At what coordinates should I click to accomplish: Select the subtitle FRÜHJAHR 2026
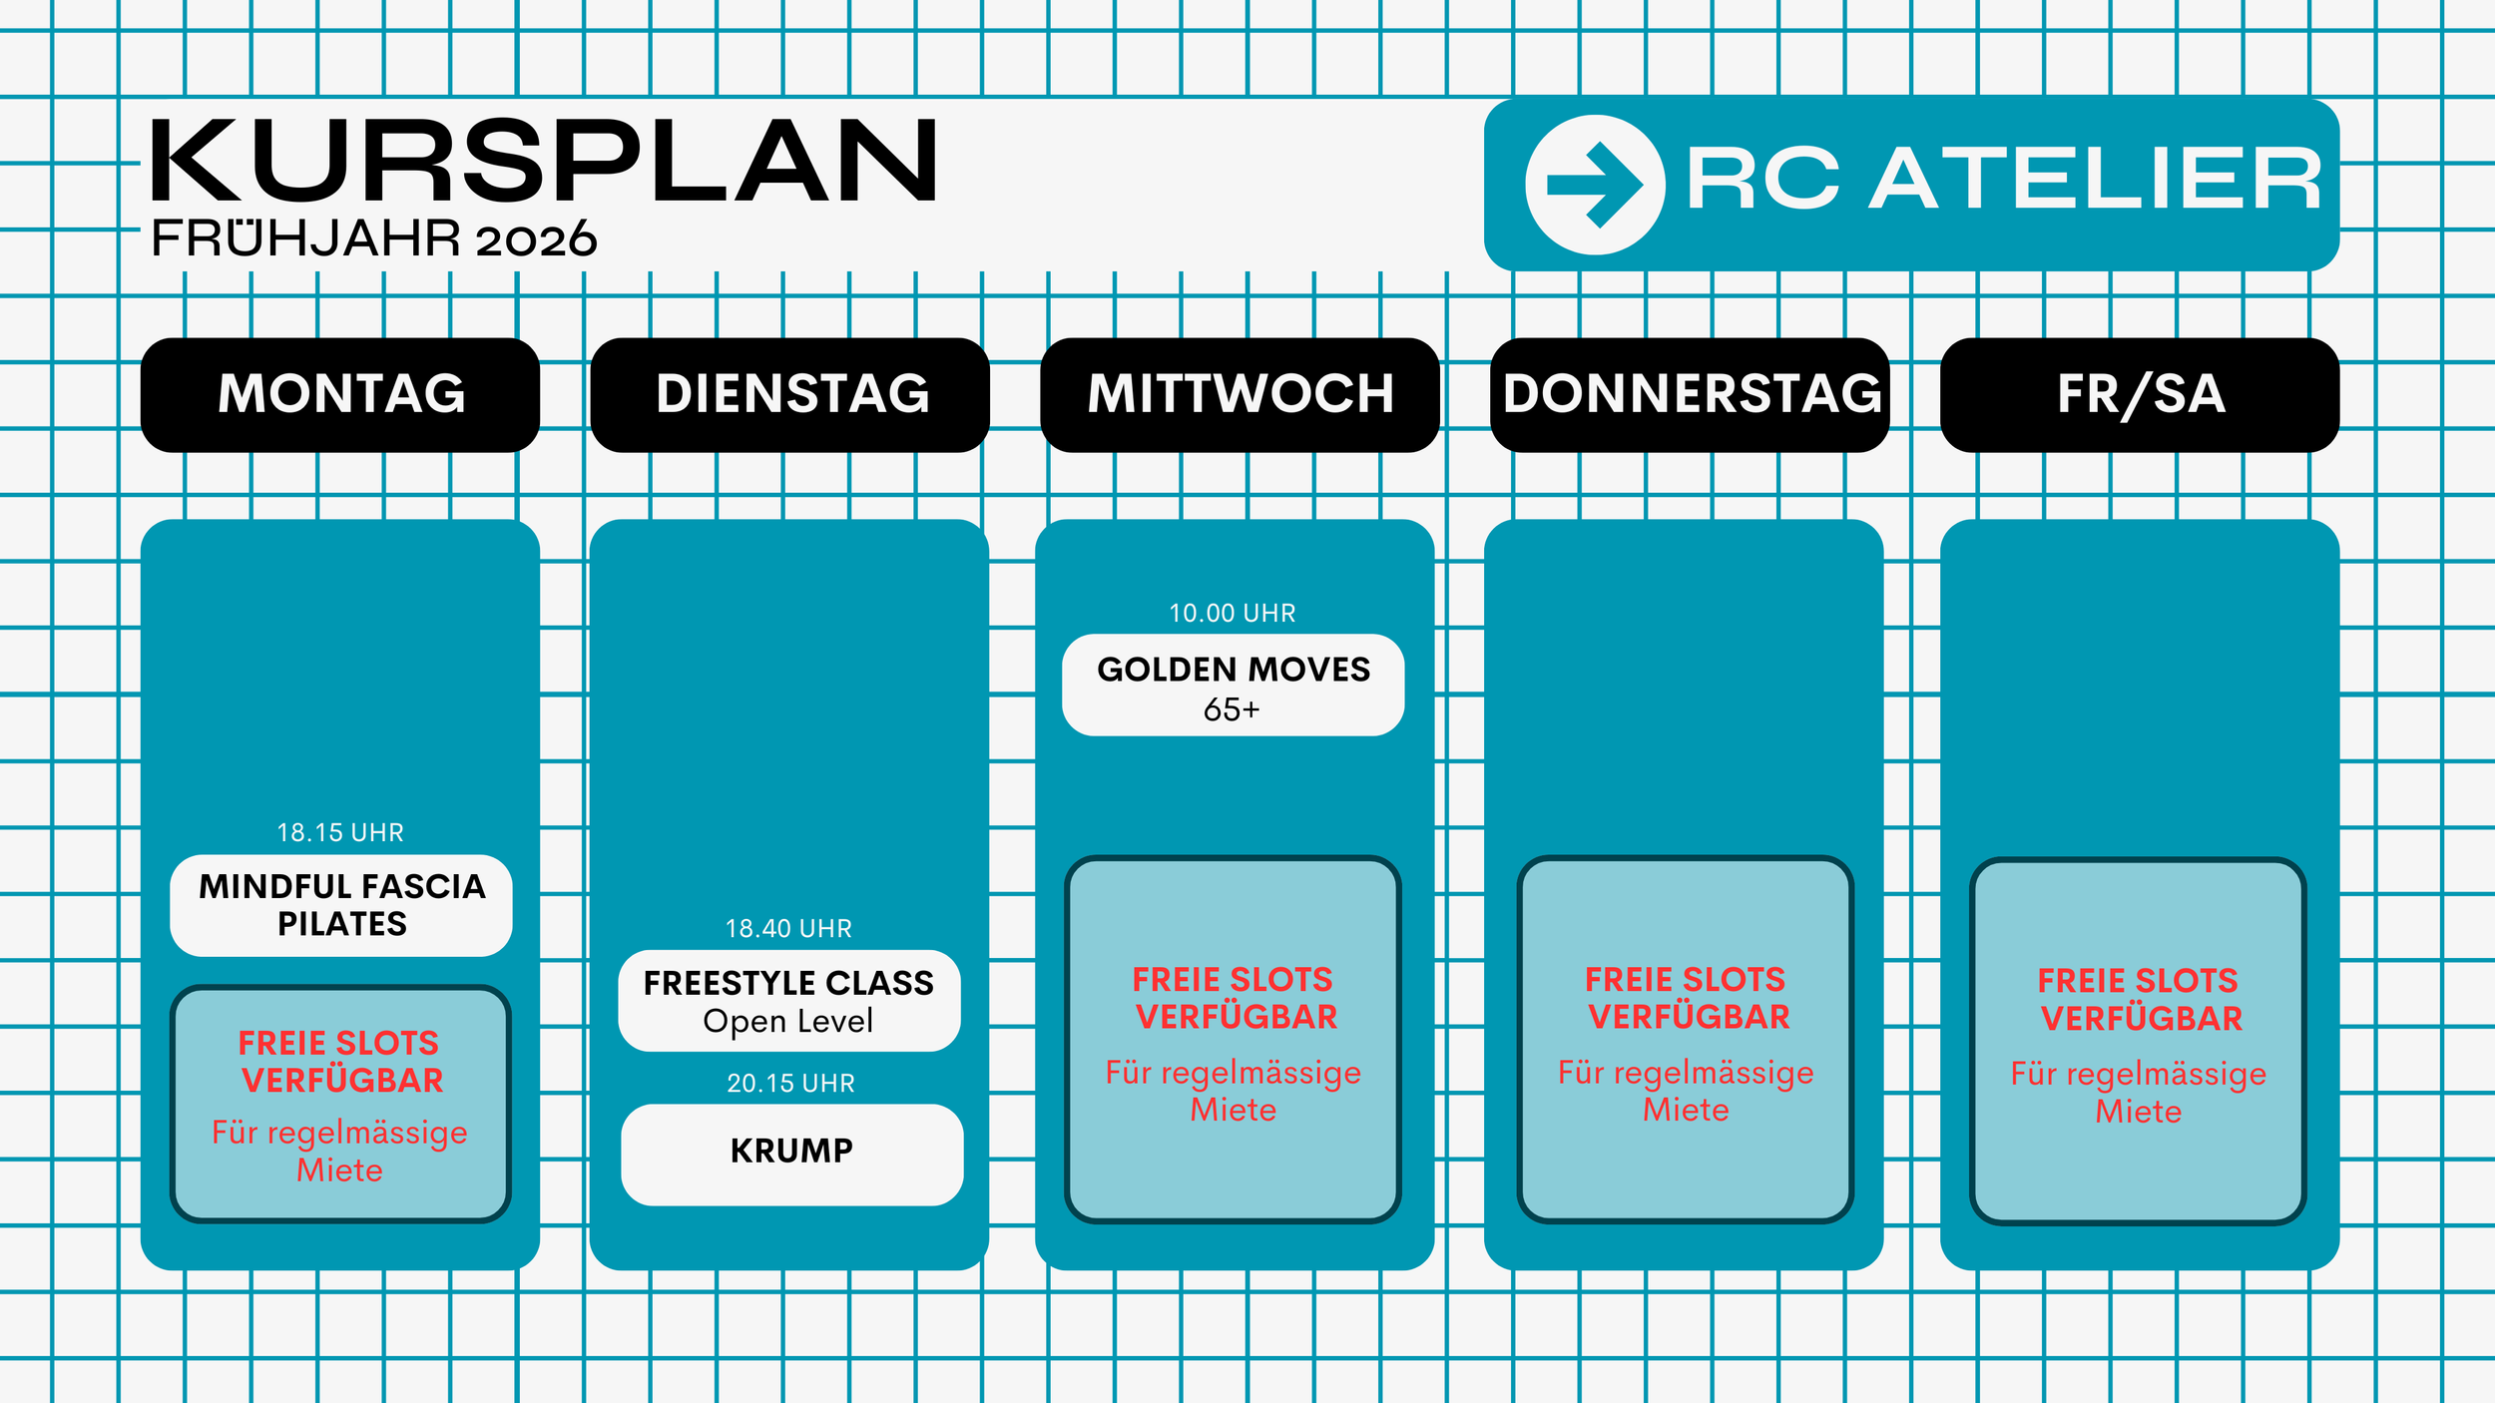click(374, 239)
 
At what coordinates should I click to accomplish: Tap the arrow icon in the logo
click(1595, 185)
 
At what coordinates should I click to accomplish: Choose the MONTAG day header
click(340, 394)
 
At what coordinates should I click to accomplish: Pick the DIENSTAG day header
click(790, 394)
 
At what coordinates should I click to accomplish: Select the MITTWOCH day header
click(1240, 394)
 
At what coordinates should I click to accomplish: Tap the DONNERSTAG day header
click(1690, 394)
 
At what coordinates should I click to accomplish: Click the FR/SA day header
click(2140, 394)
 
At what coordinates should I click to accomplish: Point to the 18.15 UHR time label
click(340, 832)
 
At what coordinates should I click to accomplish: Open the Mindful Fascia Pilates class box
click(341, 905)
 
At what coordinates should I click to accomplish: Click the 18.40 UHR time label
click(788, 928)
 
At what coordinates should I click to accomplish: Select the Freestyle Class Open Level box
click(788, 1001)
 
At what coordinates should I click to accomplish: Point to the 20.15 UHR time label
click(790, 1083)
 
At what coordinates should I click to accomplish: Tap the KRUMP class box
click(791, 1154)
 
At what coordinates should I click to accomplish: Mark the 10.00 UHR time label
click(1233, 613)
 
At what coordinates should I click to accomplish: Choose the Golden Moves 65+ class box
click(1234, 686)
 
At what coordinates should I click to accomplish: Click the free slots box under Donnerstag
click(1686, 1040)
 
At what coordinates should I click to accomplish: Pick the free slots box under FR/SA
click(2138, 1042)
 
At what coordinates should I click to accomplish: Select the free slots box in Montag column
click(340, 1104)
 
